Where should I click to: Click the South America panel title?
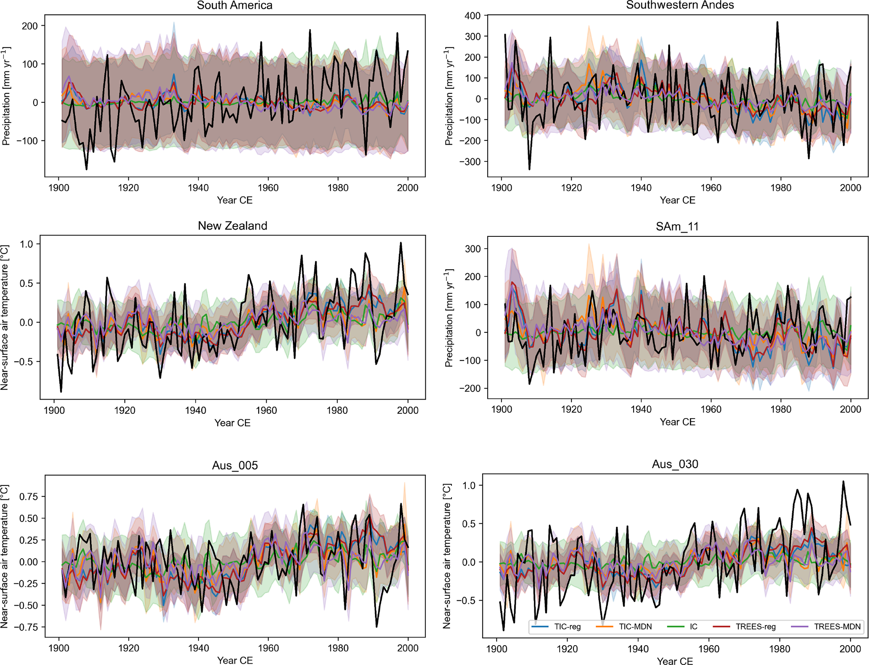pyautogui.click(x=235, y=5)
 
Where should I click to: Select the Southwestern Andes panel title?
pyautogui.click(x=680, y=5)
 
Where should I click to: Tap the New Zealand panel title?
pyautogui.click(x=232, y=226)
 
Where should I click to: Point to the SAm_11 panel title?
pyautogui.click(x=677, y=227)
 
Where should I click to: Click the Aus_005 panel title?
pyautogui.click(x=235, y=465)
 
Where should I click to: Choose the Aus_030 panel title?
pyautogui.click(x=675, y=464)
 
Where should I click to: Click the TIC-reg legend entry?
pyautogui.click(x=557, y=627)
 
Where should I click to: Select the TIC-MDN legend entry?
pyautogui.click(x=625, y=627)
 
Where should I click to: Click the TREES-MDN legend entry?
pyautogui.click(x=826, y=627)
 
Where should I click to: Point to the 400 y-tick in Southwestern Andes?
pyautogui.click(x=472, y=16)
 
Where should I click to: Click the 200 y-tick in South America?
pyautogui.click(x=30, y=26)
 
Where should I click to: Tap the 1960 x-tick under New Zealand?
pyautogui.click(x=266, y=410)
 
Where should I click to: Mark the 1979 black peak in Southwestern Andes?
pyautogui.click(x=777, y=22)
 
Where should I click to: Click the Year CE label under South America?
pyautogui.click(x=235, y=200)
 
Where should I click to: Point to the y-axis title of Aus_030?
pyautogui.click(x=447, y=556)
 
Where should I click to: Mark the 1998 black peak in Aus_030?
pyautogui.click(x=843, y=482)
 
